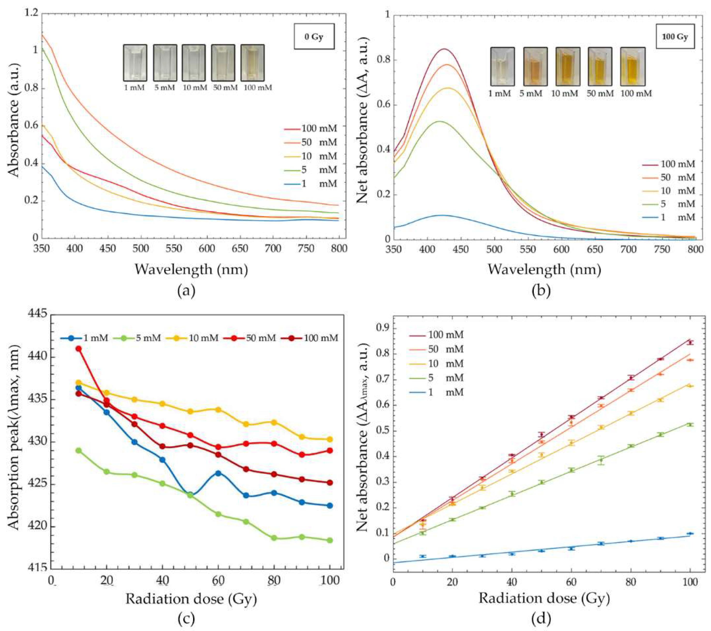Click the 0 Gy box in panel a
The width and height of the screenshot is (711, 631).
pos(314,36)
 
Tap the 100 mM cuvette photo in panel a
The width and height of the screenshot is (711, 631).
pos(253,63)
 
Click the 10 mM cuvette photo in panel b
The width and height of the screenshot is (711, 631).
pos(567,66)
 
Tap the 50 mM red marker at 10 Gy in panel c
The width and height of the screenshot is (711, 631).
pos(79,349)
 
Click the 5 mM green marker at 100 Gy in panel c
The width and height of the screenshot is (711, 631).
pos(330,540)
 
